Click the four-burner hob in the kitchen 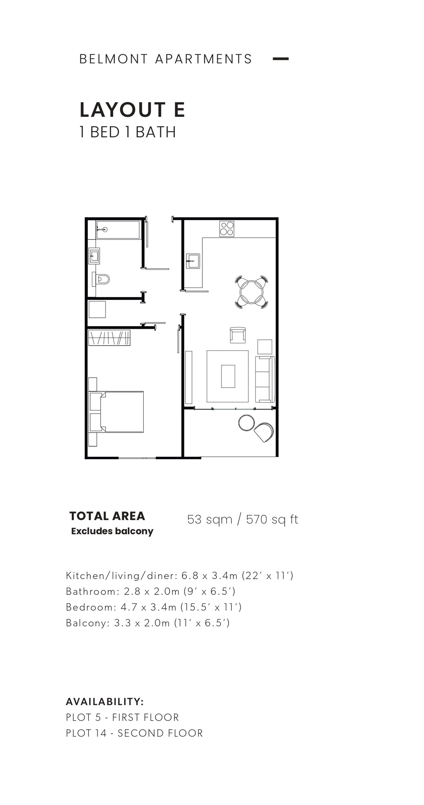227,229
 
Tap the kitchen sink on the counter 193,261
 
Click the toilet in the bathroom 101,279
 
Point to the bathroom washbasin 94,256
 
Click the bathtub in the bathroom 118,230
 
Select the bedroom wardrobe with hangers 109,338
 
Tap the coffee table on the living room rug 228,376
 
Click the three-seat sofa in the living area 265,379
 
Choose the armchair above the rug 238,335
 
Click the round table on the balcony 247,423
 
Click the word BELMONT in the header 114,59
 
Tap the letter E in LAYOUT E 179,110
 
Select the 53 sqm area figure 210,519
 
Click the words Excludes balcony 112,532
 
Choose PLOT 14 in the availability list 86,733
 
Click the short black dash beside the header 281,59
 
